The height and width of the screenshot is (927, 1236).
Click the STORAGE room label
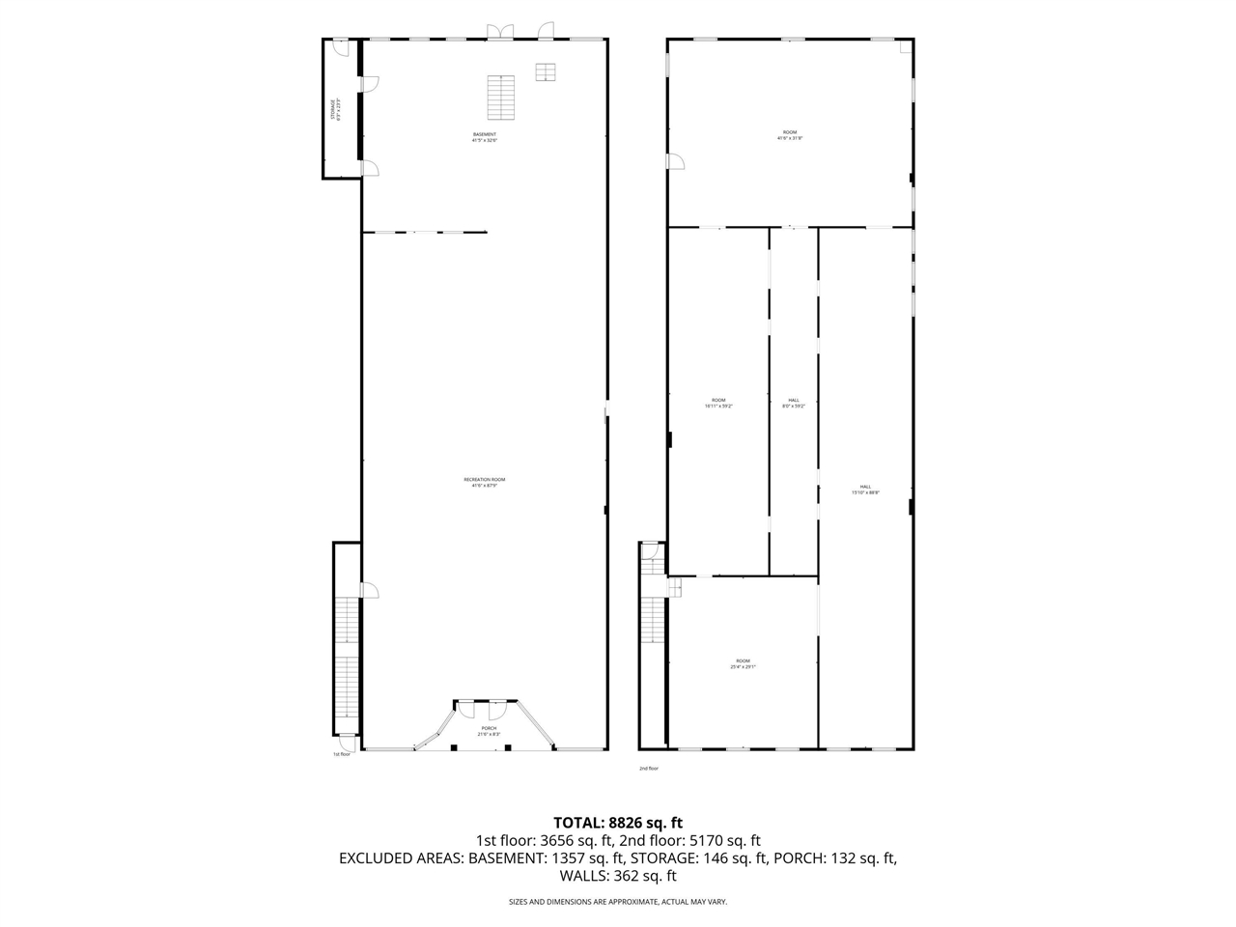(334, 110)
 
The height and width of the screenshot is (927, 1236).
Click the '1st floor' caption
(342, 754)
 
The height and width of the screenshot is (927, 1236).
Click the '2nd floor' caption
(649, 769)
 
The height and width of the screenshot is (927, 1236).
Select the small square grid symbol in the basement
(547, 72)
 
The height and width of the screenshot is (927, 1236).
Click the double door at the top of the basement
(500, 32)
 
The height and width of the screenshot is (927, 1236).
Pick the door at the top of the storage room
(340, 44)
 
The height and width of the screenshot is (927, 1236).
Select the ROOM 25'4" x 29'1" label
(743, 663)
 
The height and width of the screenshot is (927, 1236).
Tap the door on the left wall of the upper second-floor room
(675, 161)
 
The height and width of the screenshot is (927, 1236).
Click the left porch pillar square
(454, 746)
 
